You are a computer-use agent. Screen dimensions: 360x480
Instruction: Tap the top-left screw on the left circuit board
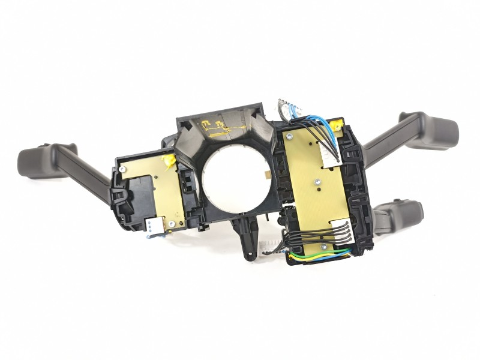pos(122,169)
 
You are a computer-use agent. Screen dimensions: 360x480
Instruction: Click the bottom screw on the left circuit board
pos(172,224)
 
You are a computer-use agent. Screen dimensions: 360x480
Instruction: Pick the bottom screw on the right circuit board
pos(324,246)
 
